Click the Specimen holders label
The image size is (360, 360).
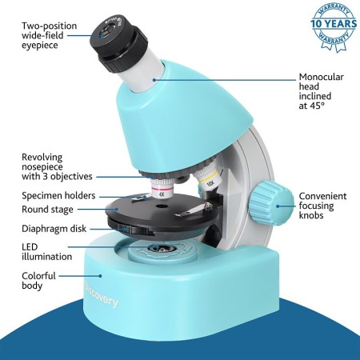pyautogui.click(x=58, y=195)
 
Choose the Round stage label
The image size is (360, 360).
pyautogui.click(x=47, y=210)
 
